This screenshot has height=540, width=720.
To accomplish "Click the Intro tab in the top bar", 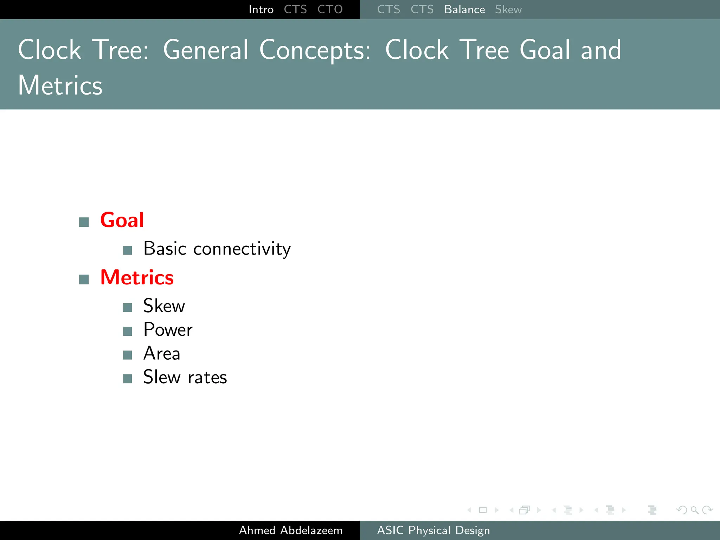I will coord(261,9).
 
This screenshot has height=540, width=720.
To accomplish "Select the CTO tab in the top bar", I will coord(330,9).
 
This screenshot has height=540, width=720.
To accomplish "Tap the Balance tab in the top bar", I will coord(464,9).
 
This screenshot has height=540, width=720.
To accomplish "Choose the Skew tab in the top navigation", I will coord(508,9).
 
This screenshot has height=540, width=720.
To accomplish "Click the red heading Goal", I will coord(122,220).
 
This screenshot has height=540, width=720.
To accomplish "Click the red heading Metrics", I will coord(137,278).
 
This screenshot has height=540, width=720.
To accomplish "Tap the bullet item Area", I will coord(162,354).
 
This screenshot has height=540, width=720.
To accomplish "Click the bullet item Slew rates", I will coord(185,378).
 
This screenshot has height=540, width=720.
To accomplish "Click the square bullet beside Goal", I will coord(84,222).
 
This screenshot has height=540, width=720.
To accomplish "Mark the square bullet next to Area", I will coord(128,355).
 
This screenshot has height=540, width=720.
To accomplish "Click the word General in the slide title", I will coord(206,50).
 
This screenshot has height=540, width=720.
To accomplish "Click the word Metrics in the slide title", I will coord(60,86).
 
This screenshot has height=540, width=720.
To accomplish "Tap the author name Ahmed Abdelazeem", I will coord(291,530).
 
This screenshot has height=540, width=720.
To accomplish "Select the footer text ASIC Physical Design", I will coord(433,530).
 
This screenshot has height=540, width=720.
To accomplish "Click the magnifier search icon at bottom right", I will coord(694,510).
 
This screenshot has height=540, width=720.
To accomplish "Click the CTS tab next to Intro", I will coord(295,9).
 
